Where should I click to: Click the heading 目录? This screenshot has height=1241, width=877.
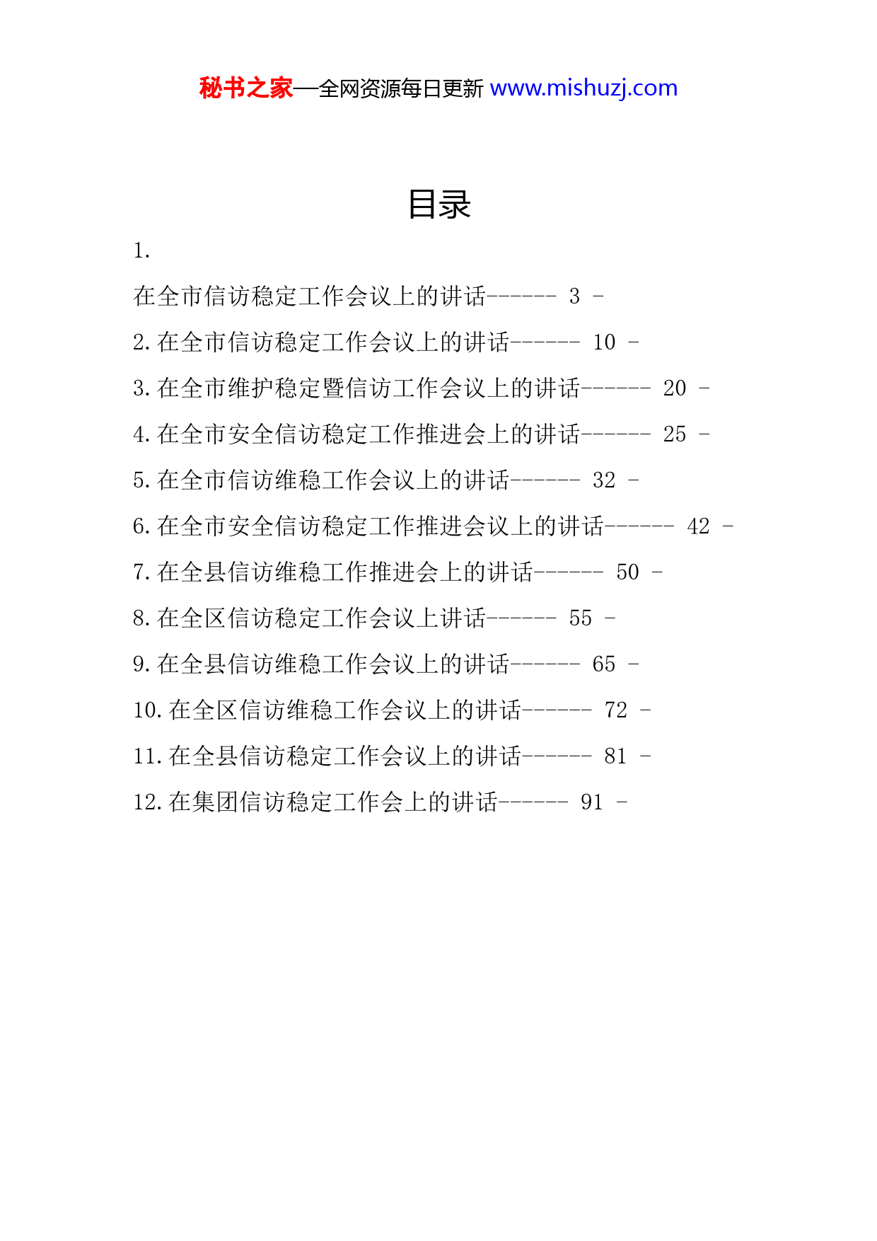tap(439, 204)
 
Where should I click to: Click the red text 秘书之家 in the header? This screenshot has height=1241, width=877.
tap(246, 88)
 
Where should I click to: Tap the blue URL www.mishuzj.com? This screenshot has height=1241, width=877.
tap(583, 88)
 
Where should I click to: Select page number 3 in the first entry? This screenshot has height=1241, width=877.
tap(575, 296)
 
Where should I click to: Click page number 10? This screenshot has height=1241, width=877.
tap(604, 342)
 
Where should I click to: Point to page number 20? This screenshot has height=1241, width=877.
tap(675, 388)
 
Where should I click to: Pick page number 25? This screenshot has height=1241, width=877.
tap(675, 434)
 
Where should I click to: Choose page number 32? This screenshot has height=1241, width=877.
tap(604, 480)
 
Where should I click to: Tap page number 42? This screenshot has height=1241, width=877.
tap(698, 526)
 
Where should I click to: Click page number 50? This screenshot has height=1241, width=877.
tap(627, 572)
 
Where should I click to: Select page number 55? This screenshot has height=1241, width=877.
tap(581, 618)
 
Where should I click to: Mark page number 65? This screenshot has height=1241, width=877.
tap(604, 664)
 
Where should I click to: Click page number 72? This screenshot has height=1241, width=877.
tap(616, 710)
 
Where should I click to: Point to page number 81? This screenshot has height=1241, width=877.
tap(616, 756)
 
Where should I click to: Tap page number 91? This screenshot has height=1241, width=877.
tap(592, 802)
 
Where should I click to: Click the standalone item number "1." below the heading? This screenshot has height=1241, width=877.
tap(141, 250)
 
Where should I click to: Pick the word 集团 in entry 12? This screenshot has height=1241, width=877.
tap(204, 802)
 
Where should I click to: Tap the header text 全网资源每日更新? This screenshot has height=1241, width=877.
tap(401, 88)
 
